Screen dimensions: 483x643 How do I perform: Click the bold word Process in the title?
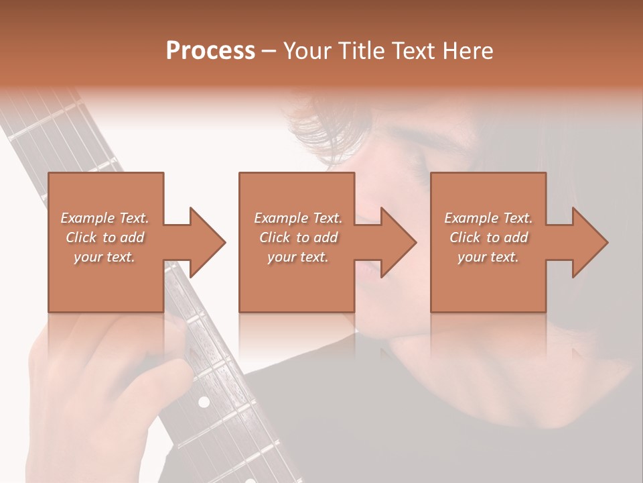pyautogui.click(x=210, y=50)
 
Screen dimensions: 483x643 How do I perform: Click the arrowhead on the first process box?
pyautogui.click(x=208, y=242)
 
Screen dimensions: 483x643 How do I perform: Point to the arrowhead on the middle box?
pyautogui.click(x=399, y=242)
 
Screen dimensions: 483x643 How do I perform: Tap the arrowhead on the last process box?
pyautogui.click(x=590, y=242)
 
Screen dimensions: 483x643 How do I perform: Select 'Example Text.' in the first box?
pyautogui.click(x=104, y=218)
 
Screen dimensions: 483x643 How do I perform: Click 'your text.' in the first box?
pyautogui.click(x=104, y=257)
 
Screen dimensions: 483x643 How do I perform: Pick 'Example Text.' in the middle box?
pyautogui.click(x=298, y=218)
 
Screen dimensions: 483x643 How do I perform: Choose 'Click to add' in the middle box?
pyautogui.click(x=298, y=237)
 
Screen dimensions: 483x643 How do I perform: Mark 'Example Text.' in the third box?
pyautogui.click(x=488, y=218)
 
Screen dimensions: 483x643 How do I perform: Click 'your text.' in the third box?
pyautogui.click(x=488, y=257)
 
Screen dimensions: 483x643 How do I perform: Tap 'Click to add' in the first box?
pyautogui.click(x=104, y=237)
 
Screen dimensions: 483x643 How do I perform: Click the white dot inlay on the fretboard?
pyautogui.click(x=204, y=401)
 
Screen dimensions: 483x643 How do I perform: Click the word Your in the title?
pyautogui.click(x=305, y=50)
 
